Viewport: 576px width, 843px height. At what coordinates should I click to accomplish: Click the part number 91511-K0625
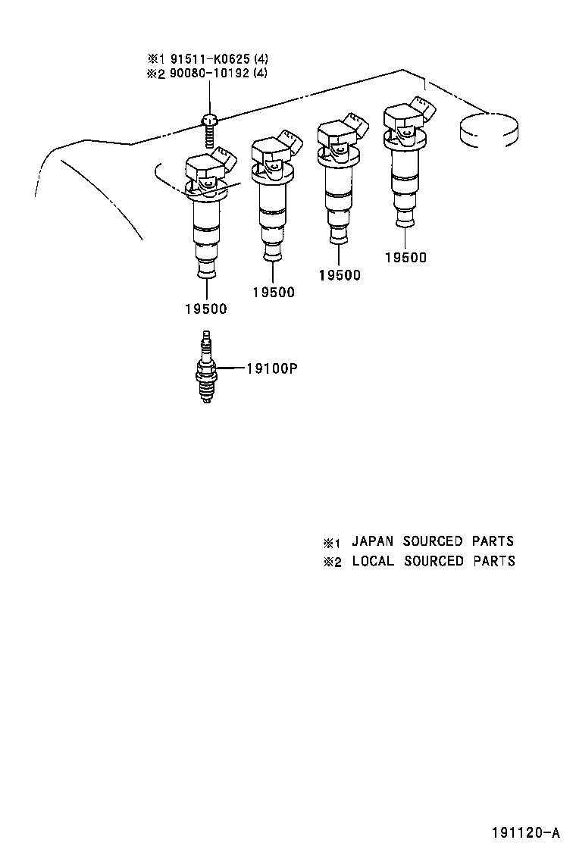(x=210, y=58)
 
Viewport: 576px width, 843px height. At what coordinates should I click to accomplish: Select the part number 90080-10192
(x=209, y=73)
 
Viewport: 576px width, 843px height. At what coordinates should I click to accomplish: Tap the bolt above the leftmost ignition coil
(x=209, y=130)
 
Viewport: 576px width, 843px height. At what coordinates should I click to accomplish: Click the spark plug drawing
(x=207, y=368)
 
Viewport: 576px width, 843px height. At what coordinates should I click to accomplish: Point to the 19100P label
(x=272, y=368)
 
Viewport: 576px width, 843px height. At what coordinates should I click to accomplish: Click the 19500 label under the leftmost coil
(x=206, y=309)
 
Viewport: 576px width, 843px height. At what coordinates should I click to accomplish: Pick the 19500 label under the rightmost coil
(x=405, y=258)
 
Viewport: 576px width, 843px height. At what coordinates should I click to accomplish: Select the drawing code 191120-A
(x=527, y=833)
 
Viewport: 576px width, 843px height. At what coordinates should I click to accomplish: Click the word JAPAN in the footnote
(x=372, y=541)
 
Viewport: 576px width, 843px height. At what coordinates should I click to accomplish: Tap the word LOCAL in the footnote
(x=373, y=561)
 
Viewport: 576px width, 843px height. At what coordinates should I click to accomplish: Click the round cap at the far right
(x=490, y=130)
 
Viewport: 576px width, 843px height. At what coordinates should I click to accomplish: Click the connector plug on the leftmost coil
(x=224, y=159)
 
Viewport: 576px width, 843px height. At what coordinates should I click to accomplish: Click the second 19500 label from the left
(x=274, y=292)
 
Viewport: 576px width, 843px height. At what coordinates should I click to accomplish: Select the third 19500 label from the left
(x=340, y=275)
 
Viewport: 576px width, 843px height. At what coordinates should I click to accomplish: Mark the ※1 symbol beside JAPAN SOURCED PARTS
(x=332, y=543)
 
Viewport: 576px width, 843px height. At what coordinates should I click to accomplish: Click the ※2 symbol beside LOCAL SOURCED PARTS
(x=332, y=563)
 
